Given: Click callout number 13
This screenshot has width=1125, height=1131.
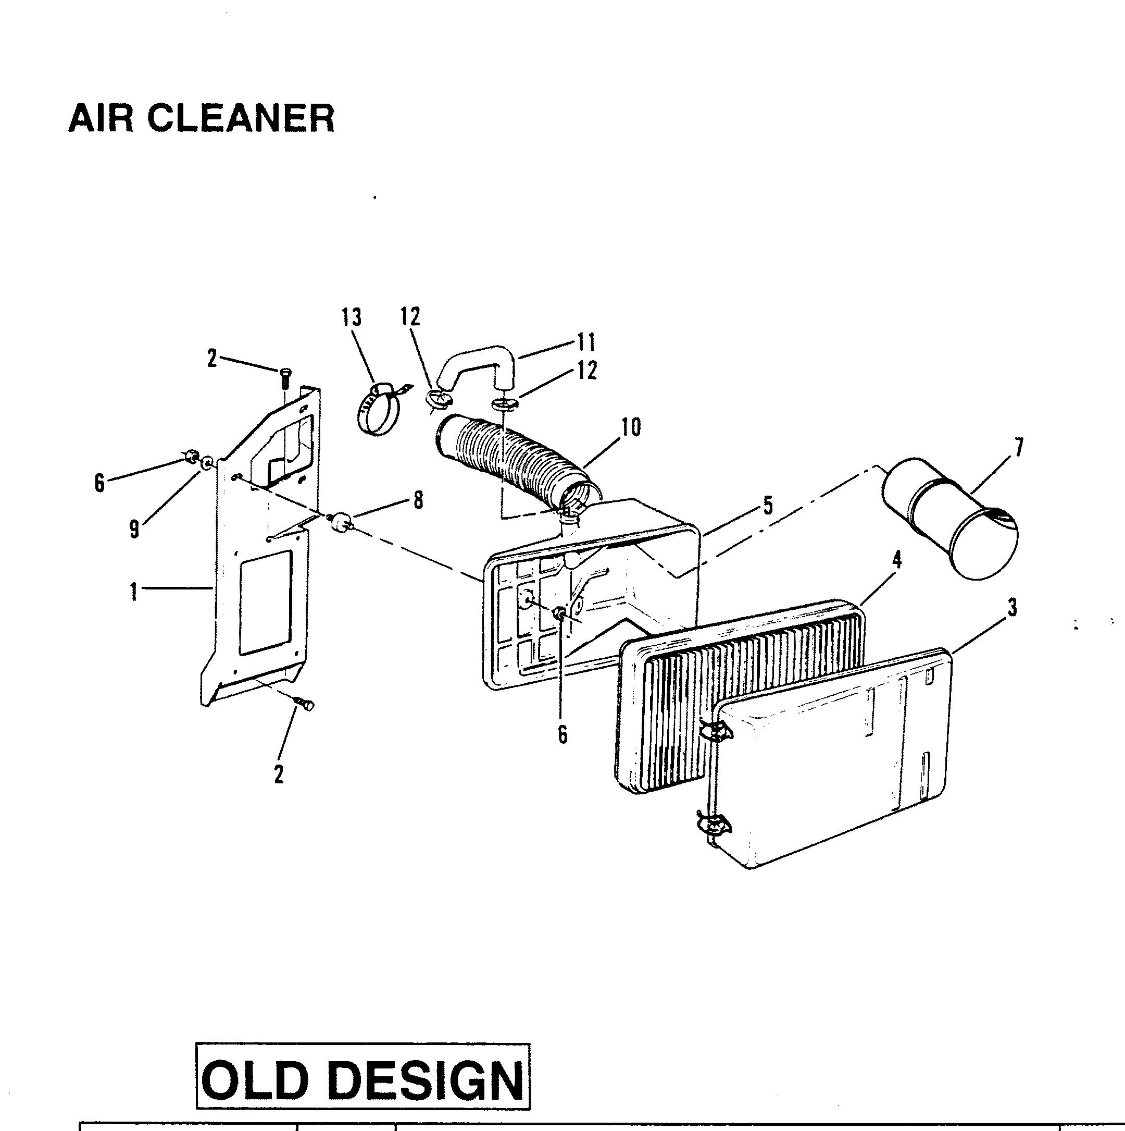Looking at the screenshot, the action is (x=352, y=318).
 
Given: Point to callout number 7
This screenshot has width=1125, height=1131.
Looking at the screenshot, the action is (x=1019, y=448).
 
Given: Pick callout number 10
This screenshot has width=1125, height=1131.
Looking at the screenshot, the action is (x=631, y=427).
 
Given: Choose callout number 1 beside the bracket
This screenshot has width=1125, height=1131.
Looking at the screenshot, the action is (x=134, y=593).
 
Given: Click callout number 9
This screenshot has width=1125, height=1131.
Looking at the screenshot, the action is (x=134, y=531).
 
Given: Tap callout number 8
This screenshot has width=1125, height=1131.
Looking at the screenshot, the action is (x=418, y=500).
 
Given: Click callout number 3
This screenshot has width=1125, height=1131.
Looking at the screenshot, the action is (x=1011, y=608).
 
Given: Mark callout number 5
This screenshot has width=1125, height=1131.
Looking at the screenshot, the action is (x=768, y=505).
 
